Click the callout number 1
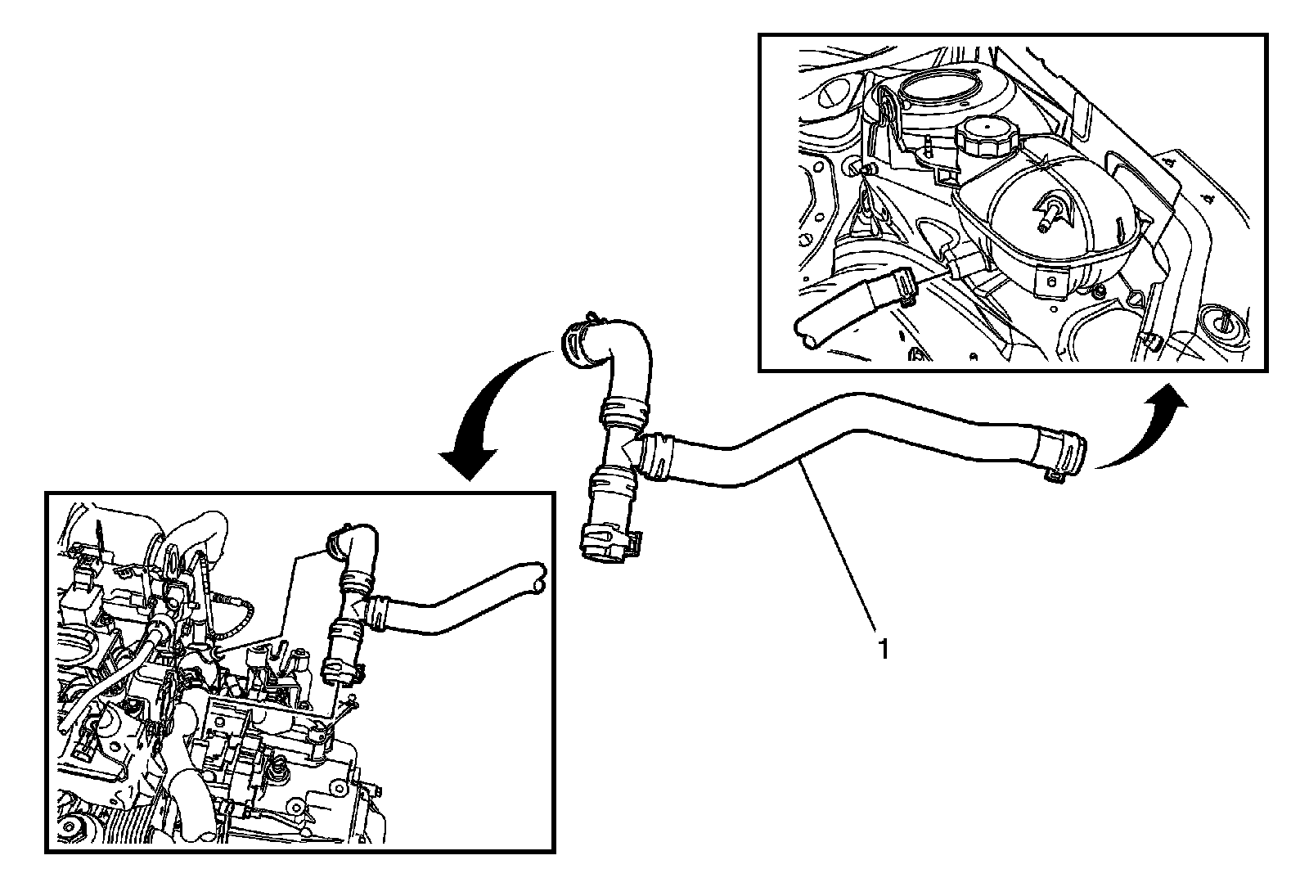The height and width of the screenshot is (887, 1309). click(884, 648)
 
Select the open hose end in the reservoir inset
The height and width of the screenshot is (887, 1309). click(806, 331)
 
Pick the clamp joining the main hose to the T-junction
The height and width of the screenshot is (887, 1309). click(656, 457)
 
